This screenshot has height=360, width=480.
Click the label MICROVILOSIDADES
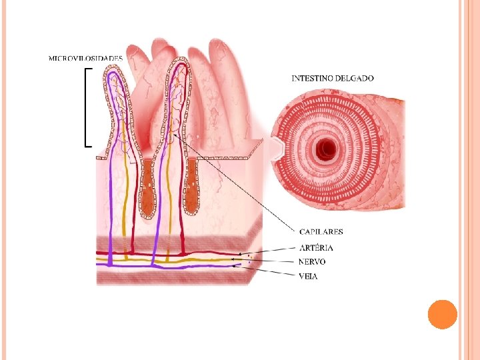pos(85,58)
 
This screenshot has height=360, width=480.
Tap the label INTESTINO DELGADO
pos(333,78)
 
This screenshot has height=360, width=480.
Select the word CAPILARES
pos(321,232)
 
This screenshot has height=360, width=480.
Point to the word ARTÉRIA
pos(316,247)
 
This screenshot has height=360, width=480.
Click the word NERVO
pos(312,262)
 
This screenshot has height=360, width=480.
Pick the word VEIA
pos(308,276)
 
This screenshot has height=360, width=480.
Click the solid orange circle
pos(441,314)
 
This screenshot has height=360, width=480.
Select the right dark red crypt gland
pos(192,187)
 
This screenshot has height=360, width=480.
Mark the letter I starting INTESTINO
pos(294,78)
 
